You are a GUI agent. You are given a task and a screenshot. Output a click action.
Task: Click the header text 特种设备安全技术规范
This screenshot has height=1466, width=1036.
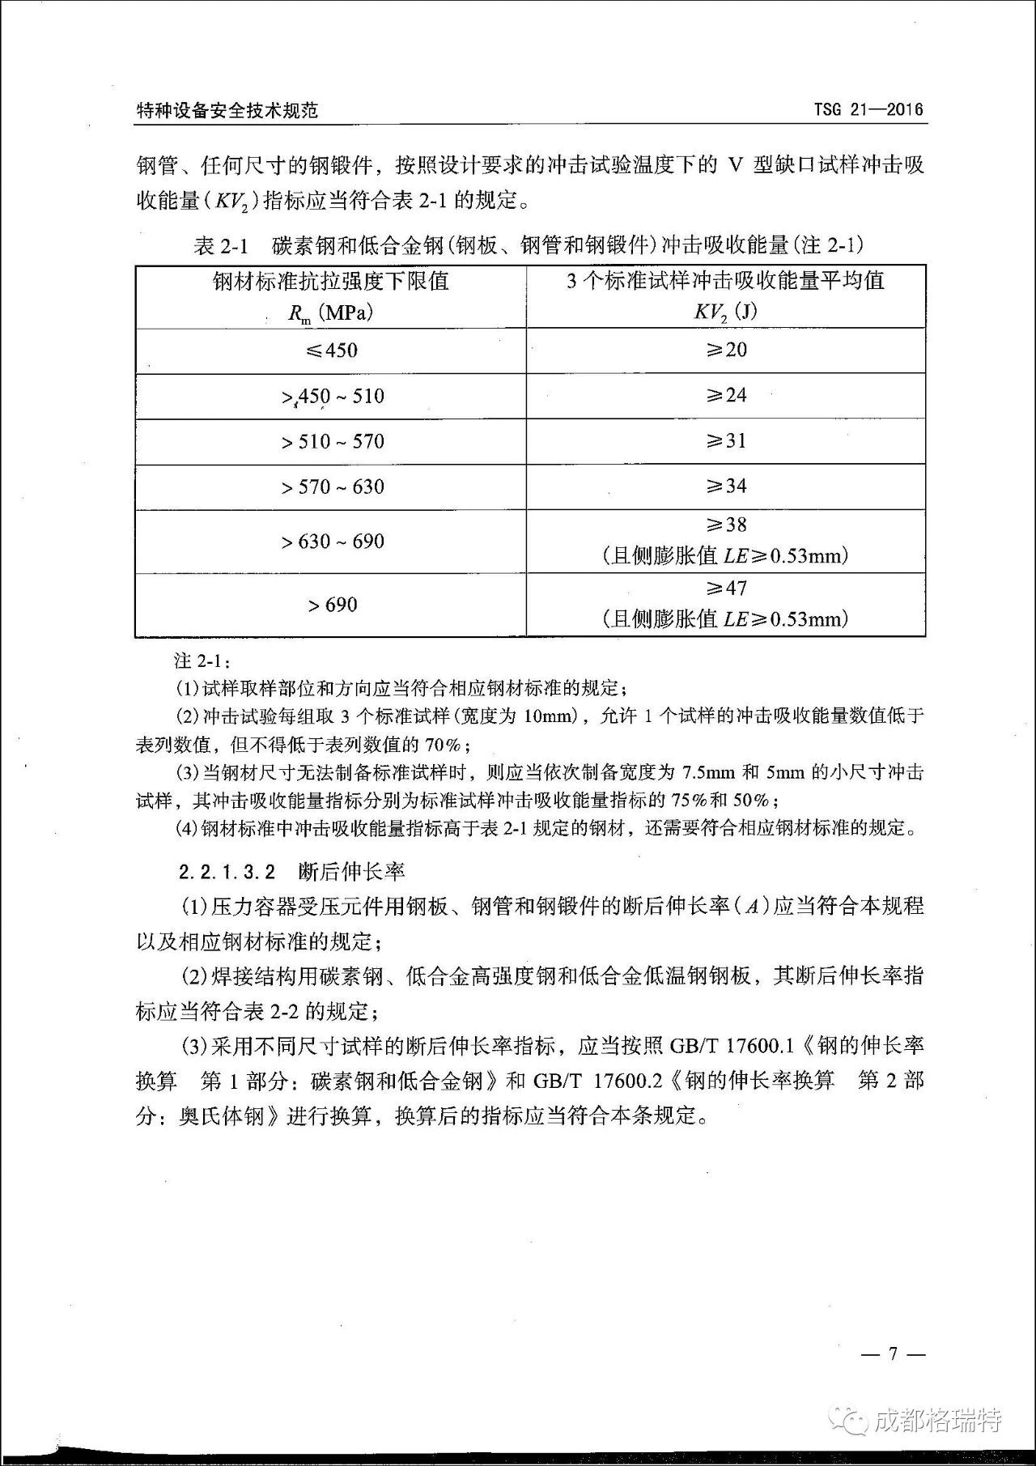(227, 111)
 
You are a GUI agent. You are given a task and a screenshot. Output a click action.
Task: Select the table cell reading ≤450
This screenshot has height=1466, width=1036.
(332, 351)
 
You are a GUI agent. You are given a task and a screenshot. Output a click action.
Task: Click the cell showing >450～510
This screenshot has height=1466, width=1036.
(332, 396)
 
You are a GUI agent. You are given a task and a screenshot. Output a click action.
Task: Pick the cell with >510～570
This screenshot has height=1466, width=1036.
(332, 441)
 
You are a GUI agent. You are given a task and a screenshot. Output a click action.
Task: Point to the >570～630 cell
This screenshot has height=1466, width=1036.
(332, 487)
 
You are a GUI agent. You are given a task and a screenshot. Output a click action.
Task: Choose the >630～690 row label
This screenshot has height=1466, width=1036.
(332, 541)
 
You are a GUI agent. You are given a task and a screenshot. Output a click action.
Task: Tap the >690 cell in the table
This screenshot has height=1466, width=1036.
(332, 605)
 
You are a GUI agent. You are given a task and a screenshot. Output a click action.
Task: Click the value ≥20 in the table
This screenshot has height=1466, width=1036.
(726, 350)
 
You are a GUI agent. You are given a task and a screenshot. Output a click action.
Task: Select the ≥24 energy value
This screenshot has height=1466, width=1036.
(726, 395)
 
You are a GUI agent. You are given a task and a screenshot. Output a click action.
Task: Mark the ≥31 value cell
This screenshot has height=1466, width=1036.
(726, 440)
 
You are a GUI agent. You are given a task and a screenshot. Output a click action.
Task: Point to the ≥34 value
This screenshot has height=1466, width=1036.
(726, 486)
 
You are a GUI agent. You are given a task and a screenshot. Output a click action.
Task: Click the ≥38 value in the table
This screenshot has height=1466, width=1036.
(726, 525)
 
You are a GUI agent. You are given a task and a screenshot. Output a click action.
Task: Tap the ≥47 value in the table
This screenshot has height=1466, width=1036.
(726, 588)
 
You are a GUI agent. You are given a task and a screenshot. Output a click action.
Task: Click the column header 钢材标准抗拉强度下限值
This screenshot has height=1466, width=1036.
(331, 281)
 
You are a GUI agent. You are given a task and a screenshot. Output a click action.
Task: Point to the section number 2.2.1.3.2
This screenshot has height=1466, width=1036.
(227, 872)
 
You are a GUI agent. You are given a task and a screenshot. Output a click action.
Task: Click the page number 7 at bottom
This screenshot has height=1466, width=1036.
(893, 1353)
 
